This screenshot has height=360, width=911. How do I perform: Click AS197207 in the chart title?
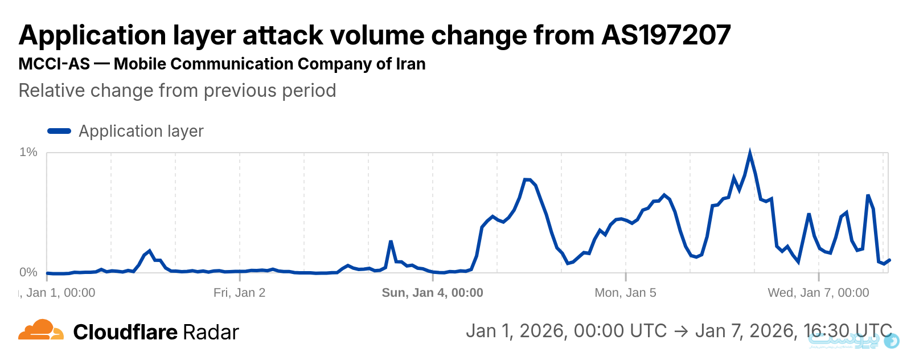[x=666, y=35]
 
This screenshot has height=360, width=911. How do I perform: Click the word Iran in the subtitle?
[x=411, y=64]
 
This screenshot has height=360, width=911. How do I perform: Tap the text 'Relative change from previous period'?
[x=177, y=91]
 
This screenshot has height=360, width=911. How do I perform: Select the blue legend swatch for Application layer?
[x=59, y=131]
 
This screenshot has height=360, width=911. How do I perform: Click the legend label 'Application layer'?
[x=141, y=131]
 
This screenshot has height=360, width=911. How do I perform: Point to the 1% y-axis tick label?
[x=28, y=152]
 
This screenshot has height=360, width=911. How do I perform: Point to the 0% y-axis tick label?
[x=28, y=272]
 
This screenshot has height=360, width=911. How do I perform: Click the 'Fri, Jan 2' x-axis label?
[x=239, y=293]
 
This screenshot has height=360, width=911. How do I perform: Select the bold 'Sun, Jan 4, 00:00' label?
[x=432, y=293]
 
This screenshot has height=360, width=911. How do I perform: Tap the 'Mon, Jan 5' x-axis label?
[x=625, y=293]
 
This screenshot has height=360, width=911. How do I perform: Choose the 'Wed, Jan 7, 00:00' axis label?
[x=818, y=293]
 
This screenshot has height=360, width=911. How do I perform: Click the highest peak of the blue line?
[x=750, y=153]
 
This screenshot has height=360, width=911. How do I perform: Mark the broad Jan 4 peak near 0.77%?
[x=527, y=180]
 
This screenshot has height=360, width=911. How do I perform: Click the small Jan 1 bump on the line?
[x=149, y=251]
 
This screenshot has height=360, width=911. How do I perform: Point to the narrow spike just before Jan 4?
[x=391, y=242]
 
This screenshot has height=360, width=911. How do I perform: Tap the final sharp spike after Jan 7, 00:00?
[x=868, y=196]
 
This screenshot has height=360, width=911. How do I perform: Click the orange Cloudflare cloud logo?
[x=41, y=330]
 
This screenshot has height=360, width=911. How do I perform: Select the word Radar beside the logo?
[x=212, y=332]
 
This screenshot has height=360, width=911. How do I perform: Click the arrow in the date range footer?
[x=681, y=331]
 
